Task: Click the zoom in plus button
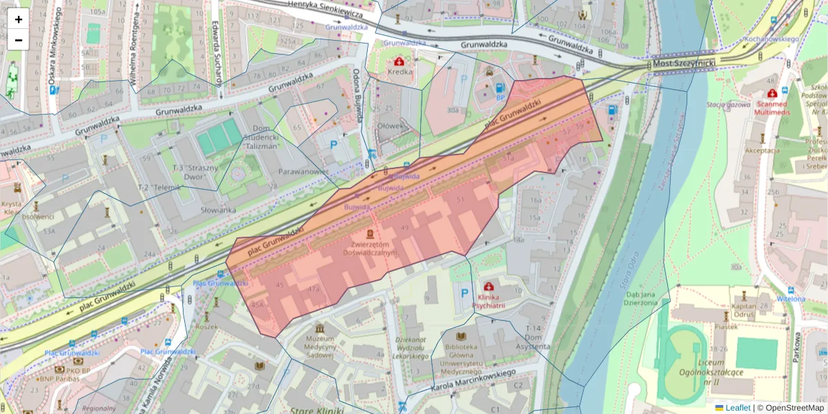click(x=19, y=19)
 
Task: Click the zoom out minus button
click(x=19, y=40)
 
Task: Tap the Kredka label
click(x=400, y=71)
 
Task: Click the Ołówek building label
click(x=390, y=126)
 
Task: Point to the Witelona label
click(x=791, y=299)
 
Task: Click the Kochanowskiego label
click(x=771, y=39)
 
